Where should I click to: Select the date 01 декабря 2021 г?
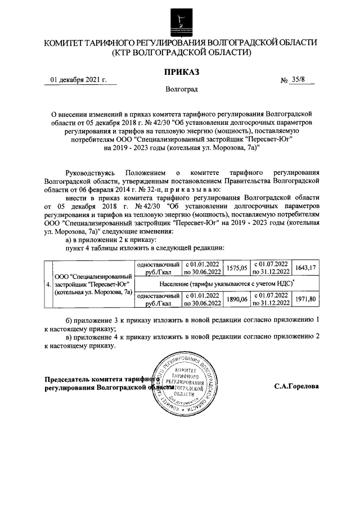pyautogui.click(x=78, y=80)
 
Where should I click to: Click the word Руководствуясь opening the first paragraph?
pyautogui.click(x=90, y=173)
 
